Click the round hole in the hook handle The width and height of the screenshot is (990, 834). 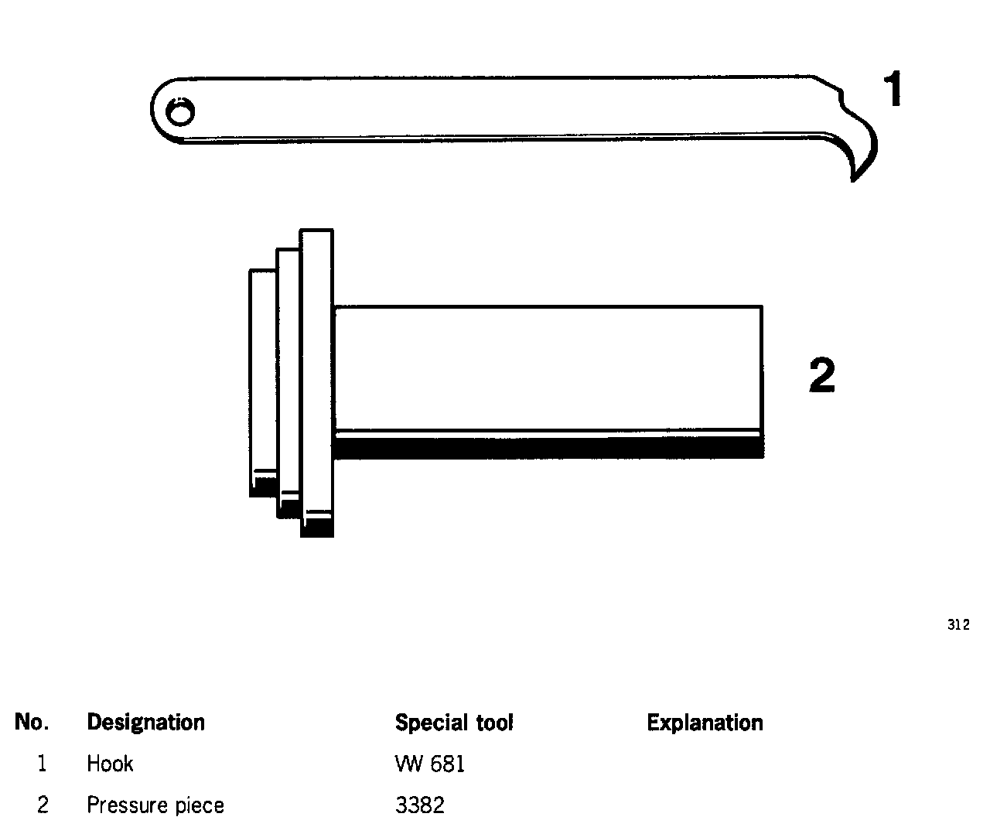(x=181, y=114)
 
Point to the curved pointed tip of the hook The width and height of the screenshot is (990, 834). (x=855, y=175)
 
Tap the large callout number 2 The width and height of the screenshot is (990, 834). (x=821, y=375)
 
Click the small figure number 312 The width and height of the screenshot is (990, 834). (x=958, y=625)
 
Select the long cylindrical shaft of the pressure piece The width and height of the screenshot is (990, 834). (x=548, y=367)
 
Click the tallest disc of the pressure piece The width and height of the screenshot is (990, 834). (x=316, y=371)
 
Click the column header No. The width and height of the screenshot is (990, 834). (x=32, y=723)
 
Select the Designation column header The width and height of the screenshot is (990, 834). (x=145, y=723)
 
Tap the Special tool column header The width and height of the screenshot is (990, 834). (x=454, y=723)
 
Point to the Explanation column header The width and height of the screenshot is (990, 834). (x=705, y=723)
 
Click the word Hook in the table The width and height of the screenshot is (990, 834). (x=110, y=764)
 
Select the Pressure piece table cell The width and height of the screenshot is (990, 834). (x=155, y=805)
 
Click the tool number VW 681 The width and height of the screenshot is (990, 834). (x=430, y=764)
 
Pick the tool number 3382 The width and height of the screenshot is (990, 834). (x=420, y=805)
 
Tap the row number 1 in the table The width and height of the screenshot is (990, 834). (x=42, y=764)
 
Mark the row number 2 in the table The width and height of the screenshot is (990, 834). (x=43, y=805)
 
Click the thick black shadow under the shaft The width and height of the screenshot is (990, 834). (x=548, y=447)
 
